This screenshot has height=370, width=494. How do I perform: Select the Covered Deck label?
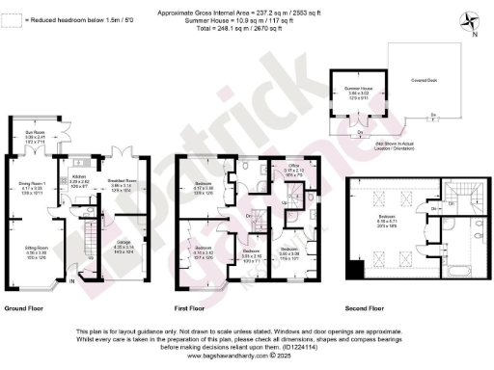tap(421, 80)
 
